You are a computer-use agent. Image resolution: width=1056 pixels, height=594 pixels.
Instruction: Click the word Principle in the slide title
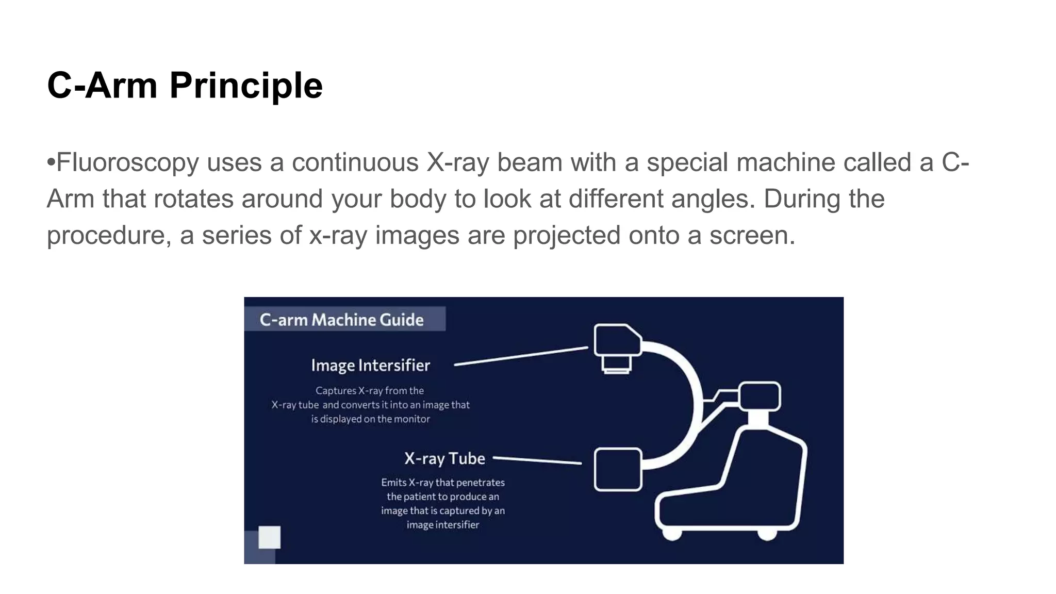(x=246, y=85)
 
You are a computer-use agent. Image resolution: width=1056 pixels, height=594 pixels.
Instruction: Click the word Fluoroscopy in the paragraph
(x=127, y=162)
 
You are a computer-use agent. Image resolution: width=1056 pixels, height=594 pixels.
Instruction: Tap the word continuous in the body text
(x=355, y=162)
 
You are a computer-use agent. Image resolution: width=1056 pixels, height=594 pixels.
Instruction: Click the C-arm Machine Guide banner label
(x=341, y=320)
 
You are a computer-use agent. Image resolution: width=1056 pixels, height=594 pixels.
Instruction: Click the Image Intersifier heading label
(x=370, y=366)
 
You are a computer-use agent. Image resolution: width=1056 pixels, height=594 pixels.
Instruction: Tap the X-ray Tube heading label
(x=444, y=458)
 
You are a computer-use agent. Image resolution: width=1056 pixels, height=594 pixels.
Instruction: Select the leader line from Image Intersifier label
(x=521, y=356)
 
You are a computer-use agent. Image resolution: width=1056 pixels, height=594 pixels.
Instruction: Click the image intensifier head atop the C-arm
(x=617, y=341)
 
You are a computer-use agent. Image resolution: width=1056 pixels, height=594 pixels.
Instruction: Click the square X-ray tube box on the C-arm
(x=618, y=469)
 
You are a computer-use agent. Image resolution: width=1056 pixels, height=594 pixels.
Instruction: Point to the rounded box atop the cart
(x=760, y=396)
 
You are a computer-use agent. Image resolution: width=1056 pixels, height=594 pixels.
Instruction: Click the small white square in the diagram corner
(x=269, y=537)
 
